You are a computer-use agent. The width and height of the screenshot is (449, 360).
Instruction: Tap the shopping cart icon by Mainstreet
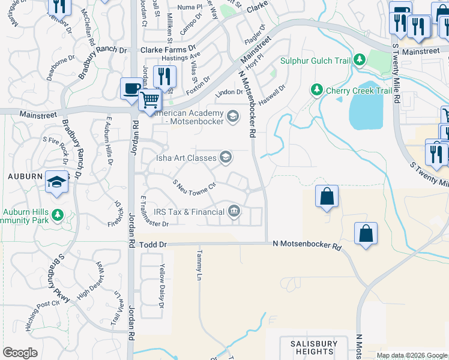click(x=150, y=100)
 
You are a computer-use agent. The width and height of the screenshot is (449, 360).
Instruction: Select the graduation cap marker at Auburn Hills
click(x=57, y=183)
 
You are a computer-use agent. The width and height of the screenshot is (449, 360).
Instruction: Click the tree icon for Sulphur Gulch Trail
click(x=359, y=59)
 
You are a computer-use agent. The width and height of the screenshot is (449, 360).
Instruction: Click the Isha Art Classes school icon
click(x=226, y=158)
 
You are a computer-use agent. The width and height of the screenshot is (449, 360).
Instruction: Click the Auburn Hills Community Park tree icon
click(x=57, y=214)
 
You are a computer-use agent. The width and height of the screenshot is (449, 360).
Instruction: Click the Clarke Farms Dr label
click(x=168, y=49)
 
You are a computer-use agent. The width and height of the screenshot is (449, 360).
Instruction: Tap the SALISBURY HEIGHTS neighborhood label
click(x=310, y=347)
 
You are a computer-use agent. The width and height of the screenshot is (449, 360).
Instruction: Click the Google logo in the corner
click(x=20, y=352)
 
